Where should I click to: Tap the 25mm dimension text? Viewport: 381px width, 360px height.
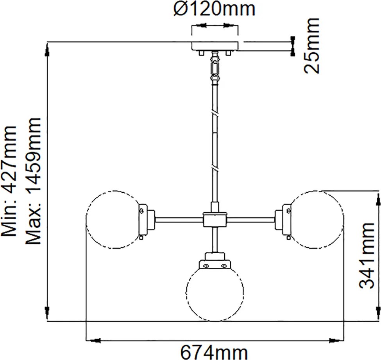point(311,46)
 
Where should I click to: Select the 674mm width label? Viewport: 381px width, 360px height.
point(214,352)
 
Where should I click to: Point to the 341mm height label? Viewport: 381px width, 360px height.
point(367,256)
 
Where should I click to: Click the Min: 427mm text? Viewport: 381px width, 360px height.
point(9,181)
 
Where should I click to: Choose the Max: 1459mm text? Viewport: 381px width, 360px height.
point(33,181)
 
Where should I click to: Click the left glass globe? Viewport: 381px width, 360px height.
point(86,220)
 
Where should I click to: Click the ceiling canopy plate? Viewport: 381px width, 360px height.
point(215,46)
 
